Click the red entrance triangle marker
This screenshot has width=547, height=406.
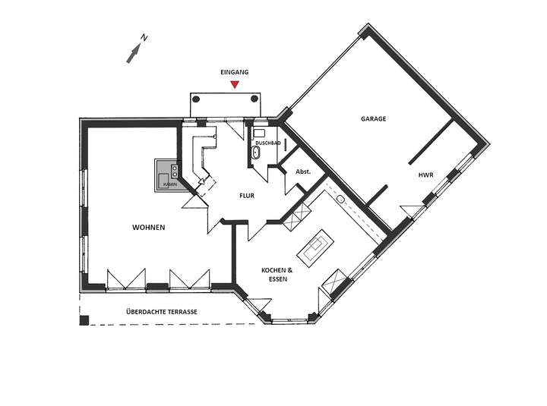(236, 84)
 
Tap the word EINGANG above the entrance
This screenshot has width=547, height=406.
(235, 72)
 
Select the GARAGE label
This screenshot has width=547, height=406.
(373, 119)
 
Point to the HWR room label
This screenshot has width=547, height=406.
(425, 175)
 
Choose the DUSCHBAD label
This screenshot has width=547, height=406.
(268, 142)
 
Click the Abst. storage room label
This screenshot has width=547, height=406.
(301, 172)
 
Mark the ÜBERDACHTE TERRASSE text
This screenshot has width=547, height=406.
(162, 312)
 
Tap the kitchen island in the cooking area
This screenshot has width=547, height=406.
(315, 247)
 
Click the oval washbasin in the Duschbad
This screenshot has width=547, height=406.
(256, 154)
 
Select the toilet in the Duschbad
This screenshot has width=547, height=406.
(258, 132)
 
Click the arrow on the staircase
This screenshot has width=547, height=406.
(201, 181)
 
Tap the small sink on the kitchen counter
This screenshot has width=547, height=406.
(341, 200)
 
